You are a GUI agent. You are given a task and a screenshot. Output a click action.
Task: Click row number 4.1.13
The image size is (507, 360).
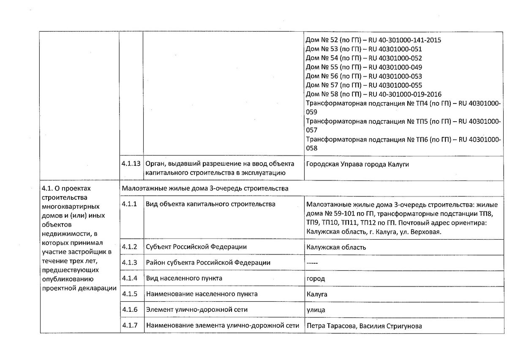131,164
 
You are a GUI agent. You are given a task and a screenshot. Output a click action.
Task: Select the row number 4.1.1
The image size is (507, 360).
129,204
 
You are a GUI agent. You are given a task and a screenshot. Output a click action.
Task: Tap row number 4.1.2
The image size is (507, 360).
129,247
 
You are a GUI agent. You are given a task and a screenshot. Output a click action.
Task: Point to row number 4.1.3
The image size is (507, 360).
129,263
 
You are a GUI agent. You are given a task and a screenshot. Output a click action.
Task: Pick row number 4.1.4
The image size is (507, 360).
129,278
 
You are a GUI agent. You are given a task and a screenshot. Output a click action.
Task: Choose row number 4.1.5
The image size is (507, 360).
129,294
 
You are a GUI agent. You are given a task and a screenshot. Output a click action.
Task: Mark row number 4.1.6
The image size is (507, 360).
129,310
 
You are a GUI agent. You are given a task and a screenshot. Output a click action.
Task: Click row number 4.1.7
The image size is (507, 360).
129,325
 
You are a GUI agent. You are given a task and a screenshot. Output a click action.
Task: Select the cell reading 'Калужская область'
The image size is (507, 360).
336,247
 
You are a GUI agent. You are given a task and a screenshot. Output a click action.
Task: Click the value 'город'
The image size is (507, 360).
316,279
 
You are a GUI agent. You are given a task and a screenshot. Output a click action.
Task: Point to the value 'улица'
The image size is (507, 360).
316,310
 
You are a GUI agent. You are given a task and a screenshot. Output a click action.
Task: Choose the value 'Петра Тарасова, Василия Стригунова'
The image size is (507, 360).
364,326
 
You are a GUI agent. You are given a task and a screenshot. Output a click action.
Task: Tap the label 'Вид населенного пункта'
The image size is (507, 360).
184,278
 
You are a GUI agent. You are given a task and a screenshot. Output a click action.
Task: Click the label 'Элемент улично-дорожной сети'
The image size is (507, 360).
196,310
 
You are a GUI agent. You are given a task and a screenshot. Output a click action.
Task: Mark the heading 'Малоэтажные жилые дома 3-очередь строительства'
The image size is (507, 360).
205,188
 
